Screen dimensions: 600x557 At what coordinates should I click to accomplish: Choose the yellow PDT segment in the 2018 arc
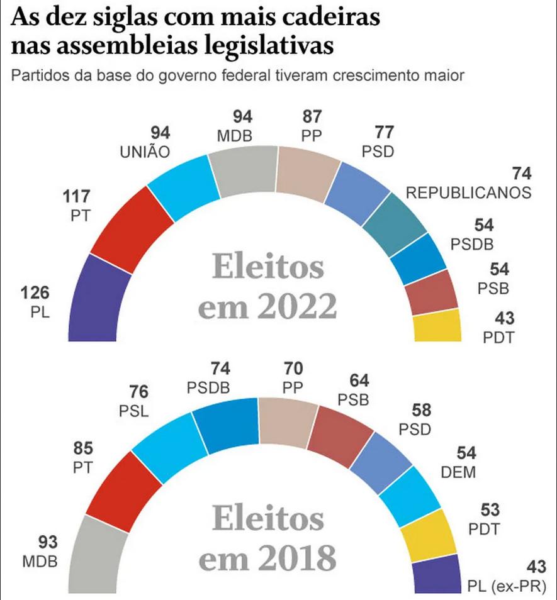[427, 535]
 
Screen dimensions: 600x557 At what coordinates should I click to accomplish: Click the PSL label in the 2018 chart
[133, 411]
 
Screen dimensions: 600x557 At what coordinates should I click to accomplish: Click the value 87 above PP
[312, 117]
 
